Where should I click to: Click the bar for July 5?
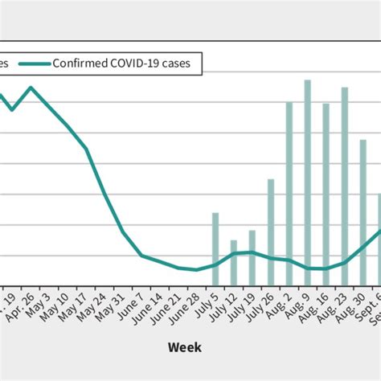coord(215,249)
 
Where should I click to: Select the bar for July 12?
coord(234,263)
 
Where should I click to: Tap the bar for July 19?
coord(252,258)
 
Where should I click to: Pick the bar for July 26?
coord(271,232)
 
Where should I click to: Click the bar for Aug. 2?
coord(289,194)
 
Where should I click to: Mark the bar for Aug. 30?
coord(363,212)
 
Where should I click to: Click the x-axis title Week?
coord(185,347)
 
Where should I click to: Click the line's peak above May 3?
coord(31,87)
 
